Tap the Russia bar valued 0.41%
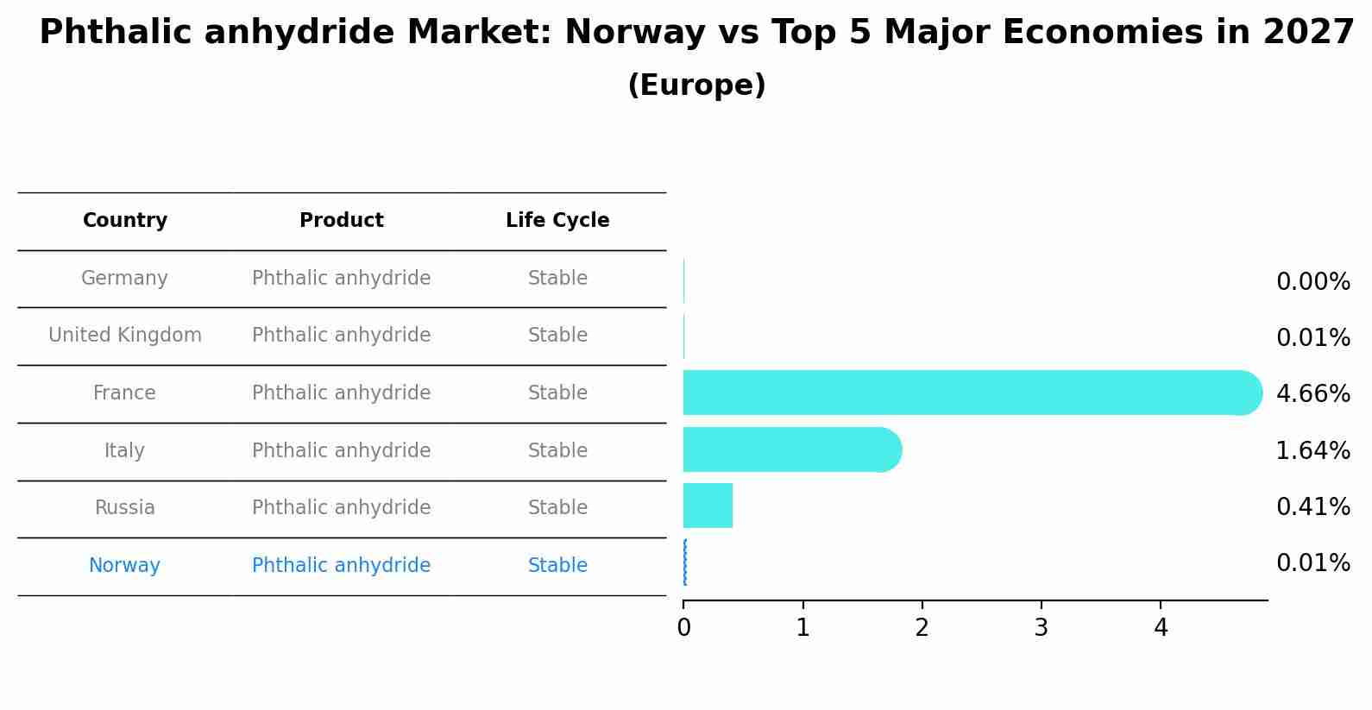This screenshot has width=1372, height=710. [708, 506]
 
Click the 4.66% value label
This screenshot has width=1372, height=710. [1312, 394]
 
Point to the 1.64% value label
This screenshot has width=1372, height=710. [1312, 450]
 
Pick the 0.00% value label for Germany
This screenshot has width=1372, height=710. [1312, 282]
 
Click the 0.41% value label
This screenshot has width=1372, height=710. [1312, 507]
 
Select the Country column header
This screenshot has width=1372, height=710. [125, 221]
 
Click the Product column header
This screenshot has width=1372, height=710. [341, 221]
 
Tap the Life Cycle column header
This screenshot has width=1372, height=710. [557, 221]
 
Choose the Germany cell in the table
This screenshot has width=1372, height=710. [124, 279]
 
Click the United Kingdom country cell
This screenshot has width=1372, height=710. [125, 336]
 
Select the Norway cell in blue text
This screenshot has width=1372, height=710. [124, 566]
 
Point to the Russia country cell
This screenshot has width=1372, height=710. [125, 508]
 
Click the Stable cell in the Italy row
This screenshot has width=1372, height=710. [557, 450]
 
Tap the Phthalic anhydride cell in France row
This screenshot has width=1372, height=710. [341, 393]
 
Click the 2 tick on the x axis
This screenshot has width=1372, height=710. [922, 628]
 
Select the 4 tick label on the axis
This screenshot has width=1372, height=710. [1161, 628]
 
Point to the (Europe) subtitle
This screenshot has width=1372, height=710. [696, 85]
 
